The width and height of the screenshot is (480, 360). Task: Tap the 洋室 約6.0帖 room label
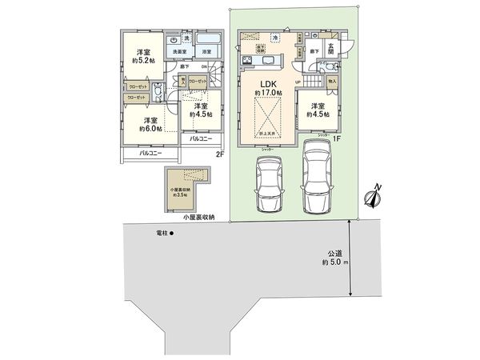pyautogui.click(x=149, y=122)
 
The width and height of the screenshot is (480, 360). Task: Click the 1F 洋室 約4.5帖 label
pyautogui.click(x=318, y=110)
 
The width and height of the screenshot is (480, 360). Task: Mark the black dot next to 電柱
pyautogui.click(x=171, y=234)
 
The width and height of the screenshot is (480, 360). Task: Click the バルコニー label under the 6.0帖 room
pyautogui.click(x=150, y=153)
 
